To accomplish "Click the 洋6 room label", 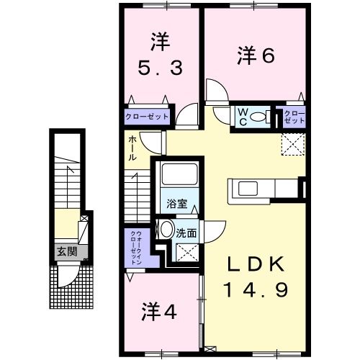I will [256, 55].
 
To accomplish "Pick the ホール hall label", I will [134, 148].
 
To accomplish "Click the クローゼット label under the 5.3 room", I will [147, 116].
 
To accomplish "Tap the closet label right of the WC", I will [292, 117].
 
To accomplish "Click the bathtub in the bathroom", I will [177, 176].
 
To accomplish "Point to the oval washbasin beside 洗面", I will [166, 230].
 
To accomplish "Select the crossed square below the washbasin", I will [188, 252].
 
